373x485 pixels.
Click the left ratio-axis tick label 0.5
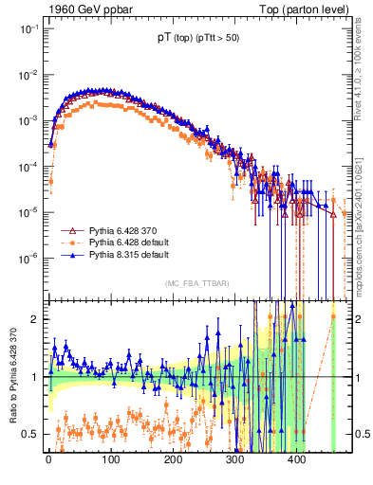tap(31, 435)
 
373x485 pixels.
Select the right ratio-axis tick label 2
tap(361, 319)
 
